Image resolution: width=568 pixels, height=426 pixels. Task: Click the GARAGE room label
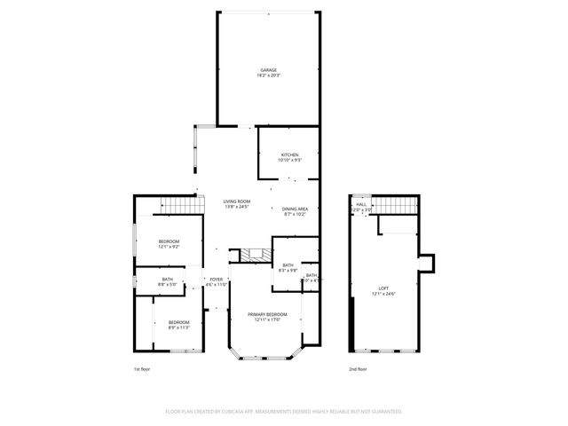pos(268,70)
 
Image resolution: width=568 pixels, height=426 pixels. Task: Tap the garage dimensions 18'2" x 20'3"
pos(268,76)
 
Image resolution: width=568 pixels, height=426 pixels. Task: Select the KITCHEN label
pos(290,155)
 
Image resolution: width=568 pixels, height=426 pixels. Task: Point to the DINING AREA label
pos(296,209)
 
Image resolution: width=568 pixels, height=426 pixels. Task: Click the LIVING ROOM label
pos(236,201)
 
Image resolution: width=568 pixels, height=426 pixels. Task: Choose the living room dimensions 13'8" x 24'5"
pos(236,208)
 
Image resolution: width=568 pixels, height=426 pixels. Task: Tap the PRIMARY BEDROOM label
pos(267,314)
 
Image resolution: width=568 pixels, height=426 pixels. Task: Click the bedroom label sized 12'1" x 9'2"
pos(169,241)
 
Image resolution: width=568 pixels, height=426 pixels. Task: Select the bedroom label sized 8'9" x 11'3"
pos(178,322)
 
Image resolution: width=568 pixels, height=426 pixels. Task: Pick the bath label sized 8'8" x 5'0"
pos(168,281)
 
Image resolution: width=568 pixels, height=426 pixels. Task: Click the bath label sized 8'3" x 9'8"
pos(288,264)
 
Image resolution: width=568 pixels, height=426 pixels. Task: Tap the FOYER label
pos(217,280)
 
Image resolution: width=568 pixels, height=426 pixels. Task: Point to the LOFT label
pos(383,288)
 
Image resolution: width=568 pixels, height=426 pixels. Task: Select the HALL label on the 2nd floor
pos(361,204)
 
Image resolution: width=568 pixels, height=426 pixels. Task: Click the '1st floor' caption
pos(142,368)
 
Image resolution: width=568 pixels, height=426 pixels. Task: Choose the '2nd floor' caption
pos(359,368)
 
